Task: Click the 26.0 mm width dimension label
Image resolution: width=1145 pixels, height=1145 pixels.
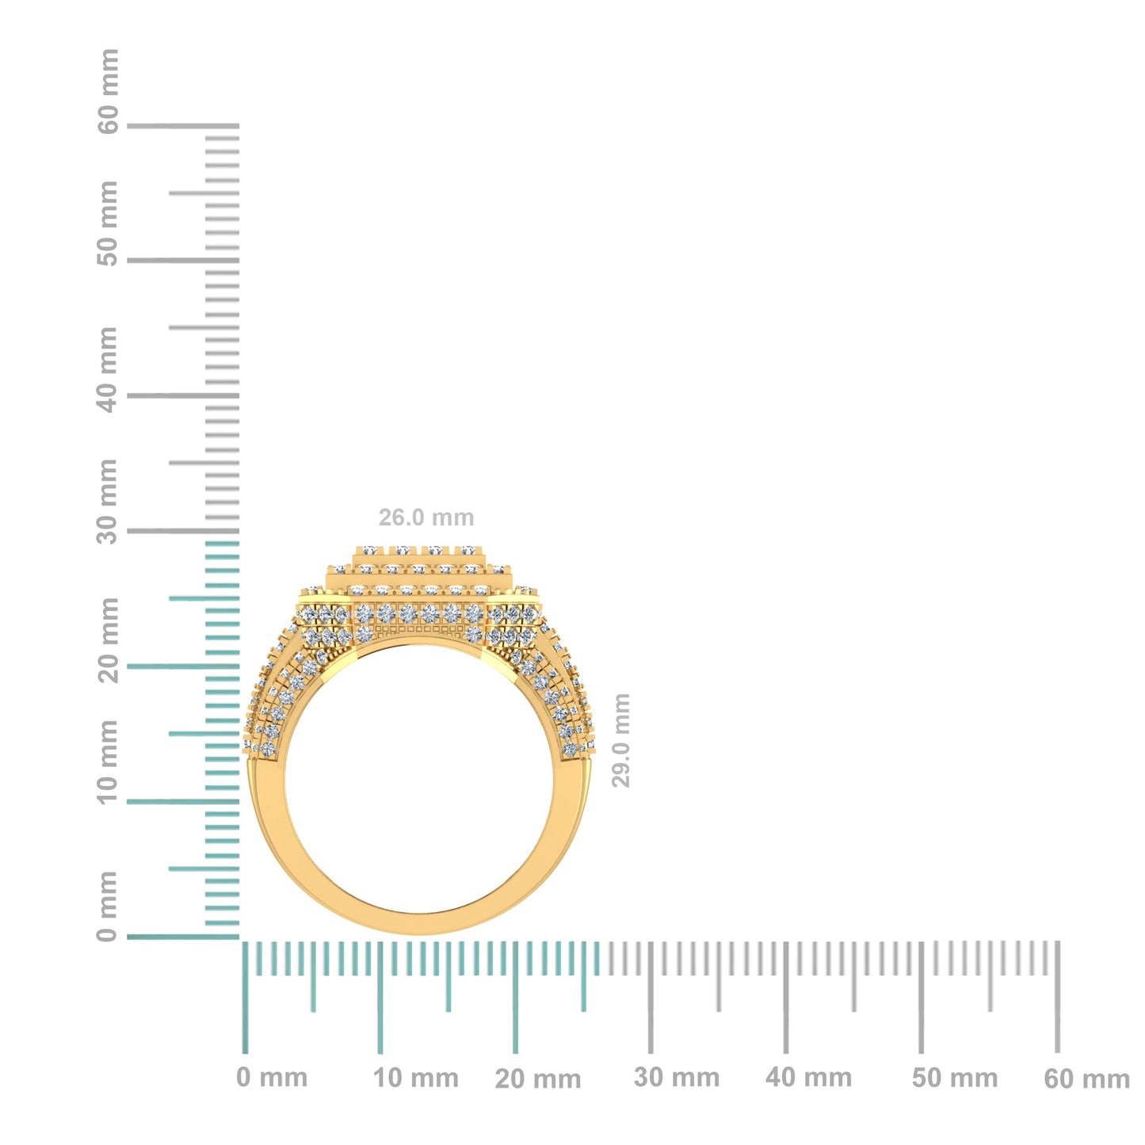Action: (x=426, y=517)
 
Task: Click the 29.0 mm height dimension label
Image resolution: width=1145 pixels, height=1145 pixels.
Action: (x=621, y=740)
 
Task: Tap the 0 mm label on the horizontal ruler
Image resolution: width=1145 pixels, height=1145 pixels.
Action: (x=272, y=1078)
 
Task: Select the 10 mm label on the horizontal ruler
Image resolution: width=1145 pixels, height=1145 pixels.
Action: (x=415, y=1078)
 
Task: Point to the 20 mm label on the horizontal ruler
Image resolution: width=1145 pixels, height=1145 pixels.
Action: (x=537, y=1078)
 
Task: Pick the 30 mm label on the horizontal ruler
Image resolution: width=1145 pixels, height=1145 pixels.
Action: (x=677, y=1078)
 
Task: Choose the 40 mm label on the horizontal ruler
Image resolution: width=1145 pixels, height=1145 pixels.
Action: (x=808, y=1078)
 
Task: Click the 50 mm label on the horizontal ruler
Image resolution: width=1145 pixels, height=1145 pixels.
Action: (x=954, y=1078)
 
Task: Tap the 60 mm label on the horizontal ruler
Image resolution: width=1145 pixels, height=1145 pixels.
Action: (x=1086, y=1078)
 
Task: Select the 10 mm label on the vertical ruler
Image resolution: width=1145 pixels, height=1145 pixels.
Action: (x=108, y=762)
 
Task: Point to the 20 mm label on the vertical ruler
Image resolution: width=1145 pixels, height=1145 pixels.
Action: (x=108, y=640)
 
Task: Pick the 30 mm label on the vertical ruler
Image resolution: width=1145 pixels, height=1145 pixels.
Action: (x=108, y=501)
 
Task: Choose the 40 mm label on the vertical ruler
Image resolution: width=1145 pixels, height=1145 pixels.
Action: (x=108, y=369)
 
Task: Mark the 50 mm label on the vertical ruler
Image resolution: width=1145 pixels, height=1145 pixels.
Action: (x=108, y=223)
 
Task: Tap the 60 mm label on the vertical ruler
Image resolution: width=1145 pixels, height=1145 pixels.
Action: (x=108, y=91)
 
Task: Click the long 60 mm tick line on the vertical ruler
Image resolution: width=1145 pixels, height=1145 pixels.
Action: (x=182, y=125)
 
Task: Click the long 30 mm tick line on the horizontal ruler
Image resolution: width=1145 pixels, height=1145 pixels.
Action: (x=651, y=997)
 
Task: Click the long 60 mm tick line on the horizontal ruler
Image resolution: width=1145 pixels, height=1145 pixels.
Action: (x=1057, y=997)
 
